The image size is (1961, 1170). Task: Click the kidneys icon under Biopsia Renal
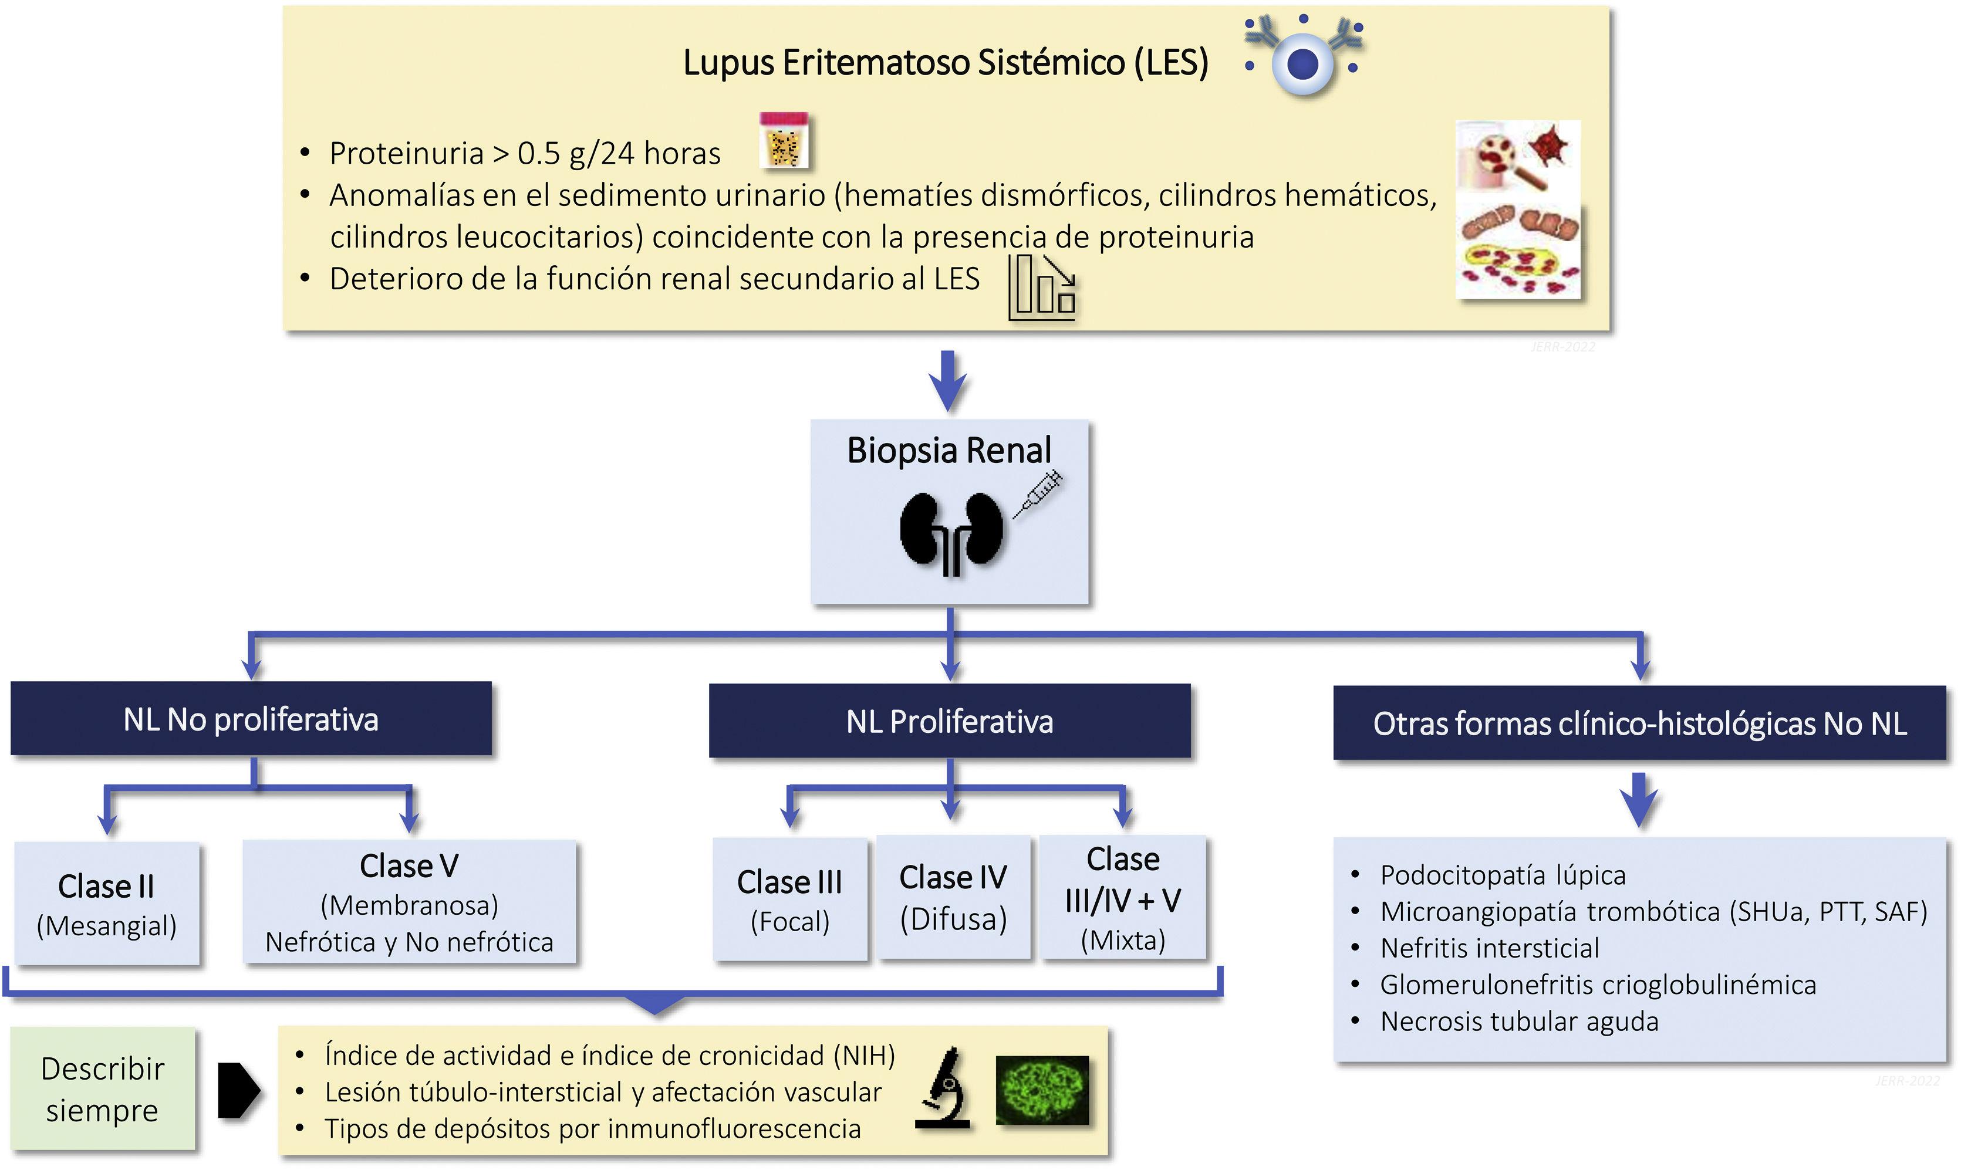(951, 532)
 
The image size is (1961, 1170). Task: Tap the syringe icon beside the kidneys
(1038, 493)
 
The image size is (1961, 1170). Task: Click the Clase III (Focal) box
(789, 900)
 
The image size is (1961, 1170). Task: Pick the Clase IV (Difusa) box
(953, 897)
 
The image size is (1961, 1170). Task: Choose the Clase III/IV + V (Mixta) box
(1123, 897)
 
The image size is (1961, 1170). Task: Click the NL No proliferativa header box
(251, 719)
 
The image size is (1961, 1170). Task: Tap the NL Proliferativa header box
(949, 721)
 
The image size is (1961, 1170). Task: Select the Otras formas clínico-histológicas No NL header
(1639, 723)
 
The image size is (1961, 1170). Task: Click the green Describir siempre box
(103, 1089)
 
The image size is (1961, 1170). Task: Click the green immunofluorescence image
(1042, 1090)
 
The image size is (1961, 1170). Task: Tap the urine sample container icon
(784, 140)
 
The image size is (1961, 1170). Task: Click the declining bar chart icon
(1042, 286)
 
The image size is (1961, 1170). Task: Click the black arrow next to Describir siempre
(238, 1090)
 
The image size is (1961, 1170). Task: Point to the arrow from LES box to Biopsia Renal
(948, 380)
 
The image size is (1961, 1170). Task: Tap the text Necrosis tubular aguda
(1518, 1021)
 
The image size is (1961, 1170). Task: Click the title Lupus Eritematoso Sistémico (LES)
(946, 62)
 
